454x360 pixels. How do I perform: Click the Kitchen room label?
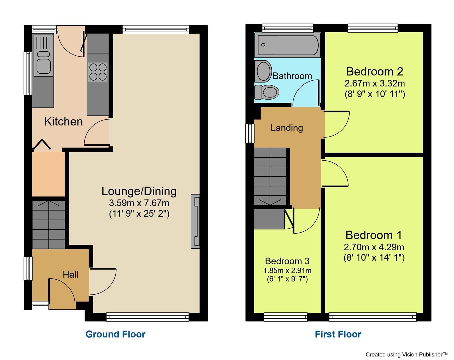pos(63,122)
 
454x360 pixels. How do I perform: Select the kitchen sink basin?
pos(43,66)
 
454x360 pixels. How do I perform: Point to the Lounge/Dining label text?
pos(139,191)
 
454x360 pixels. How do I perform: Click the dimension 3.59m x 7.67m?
pos(139,203)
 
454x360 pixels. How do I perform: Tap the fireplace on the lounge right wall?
pos(195,221)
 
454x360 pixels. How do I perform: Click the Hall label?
pos(71,274)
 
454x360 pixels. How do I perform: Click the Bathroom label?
pos(292,76)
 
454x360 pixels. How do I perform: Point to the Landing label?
pos(287,128)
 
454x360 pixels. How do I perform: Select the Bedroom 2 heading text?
pos(374,71)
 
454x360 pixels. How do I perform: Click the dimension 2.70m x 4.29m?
pos(374,247)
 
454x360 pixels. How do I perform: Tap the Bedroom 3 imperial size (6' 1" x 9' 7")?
pos(287,279)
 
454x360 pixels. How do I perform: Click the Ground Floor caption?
pos(115,334)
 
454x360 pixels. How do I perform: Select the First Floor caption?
pos(338,334)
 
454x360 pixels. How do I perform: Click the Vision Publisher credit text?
pos(406,354)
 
